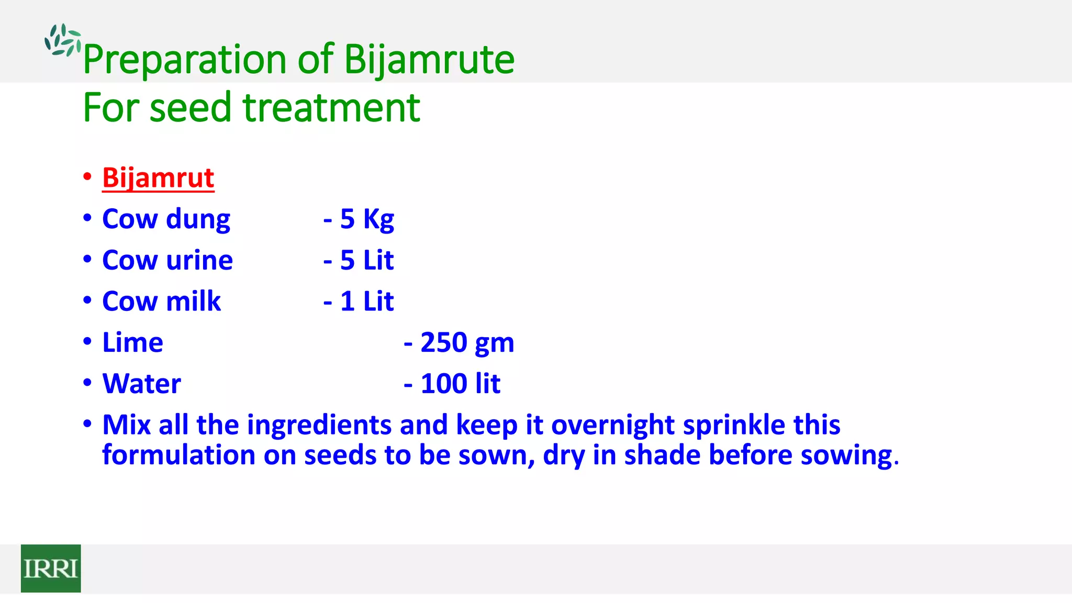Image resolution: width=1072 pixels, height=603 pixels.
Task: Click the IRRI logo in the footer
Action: pyautogui.click(x=51, y=568)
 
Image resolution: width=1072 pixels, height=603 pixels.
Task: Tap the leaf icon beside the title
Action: pyautogui.click(x=62, y=40)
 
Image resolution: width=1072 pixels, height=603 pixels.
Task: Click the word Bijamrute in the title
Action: pyautogui.click(x=429, y=59)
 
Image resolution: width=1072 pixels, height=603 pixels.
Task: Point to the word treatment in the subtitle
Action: pyautogui.click(x=331, y=107)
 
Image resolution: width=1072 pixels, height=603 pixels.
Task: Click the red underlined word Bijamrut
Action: pyautogui.click(x=158, y=178)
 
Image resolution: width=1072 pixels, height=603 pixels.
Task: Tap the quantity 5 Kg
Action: pyautogui.click(x=366, y=219)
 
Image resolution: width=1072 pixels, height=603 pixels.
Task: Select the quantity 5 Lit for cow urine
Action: pyautogui.click(x=366, y=260)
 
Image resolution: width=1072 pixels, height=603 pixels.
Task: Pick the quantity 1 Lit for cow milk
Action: pyautogui.click(x=366, y=301)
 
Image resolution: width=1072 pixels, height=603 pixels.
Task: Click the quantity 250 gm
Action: pyautogui.click(x=467, y=343)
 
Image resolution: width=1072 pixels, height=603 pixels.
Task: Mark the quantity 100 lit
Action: pyautogui.click(x=460, y=384)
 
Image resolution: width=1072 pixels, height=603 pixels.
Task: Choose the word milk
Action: pyautogui.click(x=193, y=301)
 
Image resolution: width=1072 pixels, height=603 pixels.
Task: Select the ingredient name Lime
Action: pyautogui.click(x=132, y=343)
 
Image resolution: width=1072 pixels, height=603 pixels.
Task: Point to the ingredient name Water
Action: pyautogui.click(x=141, y=384)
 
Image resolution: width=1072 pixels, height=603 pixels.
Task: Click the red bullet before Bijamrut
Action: pyautogui.click(x=87, y=176)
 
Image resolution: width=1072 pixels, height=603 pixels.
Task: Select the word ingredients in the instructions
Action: pyautogui.click(x=319, y=425)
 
